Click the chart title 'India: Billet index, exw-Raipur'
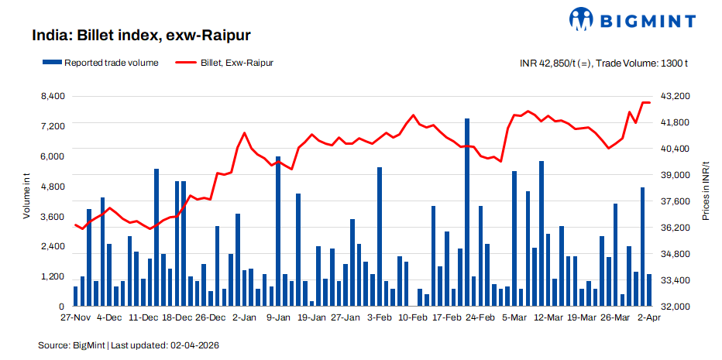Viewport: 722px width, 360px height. [x=141, y=36]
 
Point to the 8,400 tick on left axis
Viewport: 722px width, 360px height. [x=52, y=96]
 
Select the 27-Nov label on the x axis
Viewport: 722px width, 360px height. [x=75, y=318]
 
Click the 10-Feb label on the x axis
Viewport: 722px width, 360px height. [x=413, y=318]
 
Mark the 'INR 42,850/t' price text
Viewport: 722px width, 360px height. [x=551, y=63]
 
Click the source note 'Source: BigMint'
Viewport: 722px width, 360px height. [x=71, y=345]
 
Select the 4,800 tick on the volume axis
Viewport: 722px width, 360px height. [x=52, y=187]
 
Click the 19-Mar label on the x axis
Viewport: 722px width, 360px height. [x=582, y=318]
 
